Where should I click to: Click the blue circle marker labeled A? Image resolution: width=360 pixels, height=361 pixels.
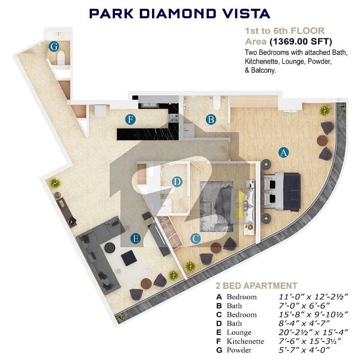pyautogui.click(x=283, y=153)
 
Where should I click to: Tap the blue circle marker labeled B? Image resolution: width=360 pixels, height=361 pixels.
pyautogui.click(x=211, y=120)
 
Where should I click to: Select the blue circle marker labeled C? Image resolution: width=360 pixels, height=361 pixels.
pyautogui.click(x=196, y=239)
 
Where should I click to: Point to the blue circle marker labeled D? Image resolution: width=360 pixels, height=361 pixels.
pyautogui.click(x=177, y=182)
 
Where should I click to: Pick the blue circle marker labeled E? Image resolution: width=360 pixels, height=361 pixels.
pyautogui.click(x=136, y=238)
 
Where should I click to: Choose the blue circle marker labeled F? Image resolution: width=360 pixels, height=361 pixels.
pyautogui.click(x=130, y=120)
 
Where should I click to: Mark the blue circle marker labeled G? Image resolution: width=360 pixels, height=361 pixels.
pyautogui.click(x=54, y=47)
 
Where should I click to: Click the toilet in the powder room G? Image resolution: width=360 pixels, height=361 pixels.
pyautogui.click(x=61, y=57)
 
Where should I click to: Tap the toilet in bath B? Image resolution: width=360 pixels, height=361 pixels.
pyautogui.click(x=217, y=103)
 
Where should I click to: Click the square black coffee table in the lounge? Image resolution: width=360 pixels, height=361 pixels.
pyautogui.click(x=129, y=258)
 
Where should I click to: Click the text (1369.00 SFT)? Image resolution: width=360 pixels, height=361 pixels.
pyautogui.click(x=301, y=42)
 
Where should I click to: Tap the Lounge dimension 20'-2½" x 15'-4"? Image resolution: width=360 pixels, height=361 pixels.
pyautogui.click(x=313, y=332)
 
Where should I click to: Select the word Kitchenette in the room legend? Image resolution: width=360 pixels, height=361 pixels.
pyautogui.click(x=245, y=341)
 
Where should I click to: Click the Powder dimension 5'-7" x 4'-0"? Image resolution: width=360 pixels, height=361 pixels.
pyautogui.click(x=304, y=350)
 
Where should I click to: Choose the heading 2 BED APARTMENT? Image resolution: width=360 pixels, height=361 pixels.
pyautogui.click(x=256, y=286)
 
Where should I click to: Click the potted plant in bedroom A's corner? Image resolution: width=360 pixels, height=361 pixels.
pyautogui.click(x=324, y=110)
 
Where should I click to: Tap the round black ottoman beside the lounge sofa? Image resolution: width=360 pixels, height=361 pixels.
pyautogui.click(x=110, y=247)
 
